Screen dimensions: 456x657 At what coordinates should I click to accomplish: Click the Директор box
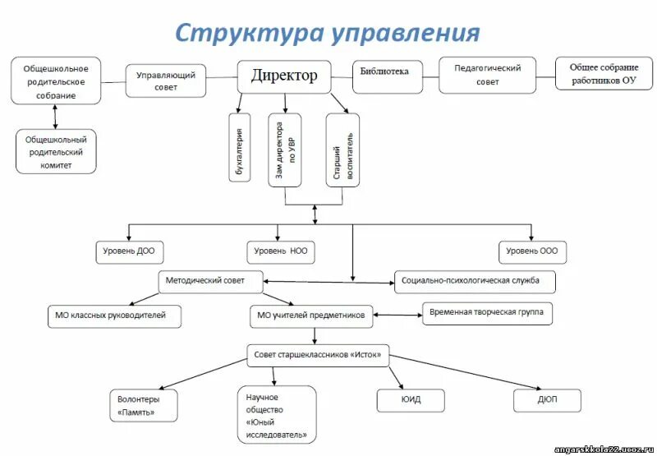(x=284, y=76)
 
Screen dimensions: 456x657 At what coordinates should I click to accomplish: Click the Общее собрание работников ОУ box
(x=603, y=75)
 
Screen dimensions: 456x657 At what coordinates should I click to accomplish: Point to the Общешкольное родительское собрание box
(x=56, y=81)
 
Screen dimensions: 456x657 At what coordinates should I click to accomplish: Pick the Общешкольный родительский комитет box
(x=56, y=151)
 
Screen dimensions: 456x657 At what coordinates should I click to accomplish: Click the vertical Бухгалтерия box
(x=239, y=148)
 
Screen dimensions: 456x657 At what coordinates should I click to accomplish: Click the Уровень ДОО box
(x=129, y=251)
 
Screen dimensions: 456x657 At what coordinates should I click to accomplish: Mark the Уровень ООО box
(x=531, y=251)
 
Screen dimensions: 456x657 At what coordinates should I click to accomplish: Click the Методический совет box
(x=211, y=280)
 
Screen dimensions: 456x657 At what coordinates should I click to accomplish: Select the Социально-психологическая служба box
(x=475, y=281)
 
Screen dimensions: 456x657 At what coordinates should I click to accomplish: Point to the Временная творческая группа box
(x=487, y=313)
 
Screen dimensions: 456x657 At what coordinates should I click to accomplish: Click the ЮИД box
(x=411, y=400)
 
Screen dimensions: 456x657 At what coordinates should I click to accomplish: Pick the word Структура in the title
(x=247, y=32)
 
